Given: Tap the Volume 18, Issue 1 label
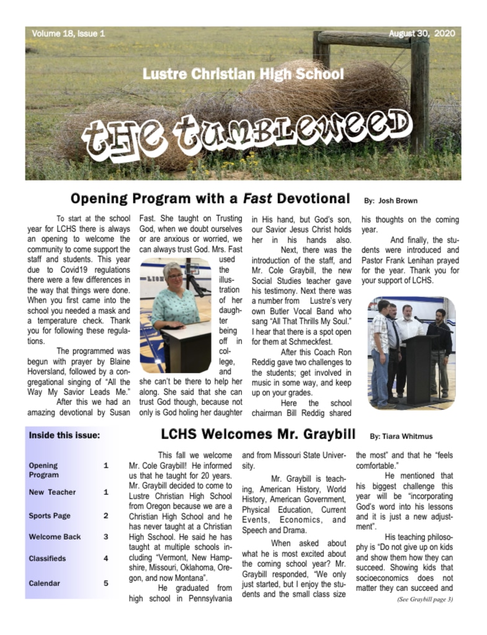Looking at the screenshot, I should tap(68, 33).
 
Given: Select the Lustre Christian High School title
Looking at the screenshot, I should tap(243, 74).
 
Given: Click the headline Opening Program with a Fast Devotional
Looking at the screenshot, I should tap(210, 198).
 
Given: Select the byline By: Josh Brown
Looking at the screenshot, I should tap(390, 200).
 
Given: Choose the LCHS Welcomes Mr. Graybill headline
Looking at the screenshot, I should tap(261, 433).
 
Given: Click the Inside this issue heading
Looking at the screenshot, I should tap(65, 435).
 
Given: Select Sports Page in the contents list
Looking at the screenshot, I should tap(50, 515).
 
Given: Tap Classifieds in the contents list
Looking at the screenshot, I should tap(47, 558).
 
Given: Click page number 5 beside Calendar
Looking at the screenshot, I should tap(105, 583).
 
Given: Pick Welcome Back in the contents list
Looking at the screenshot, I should tap(55, 536).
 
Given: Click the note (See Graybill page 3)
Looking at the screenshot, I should tap(425, 599).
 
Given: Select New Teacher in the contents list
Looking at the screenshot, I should tap(52, 492).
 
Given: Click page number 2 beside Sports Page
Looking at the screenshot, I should tap(105, 515).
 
